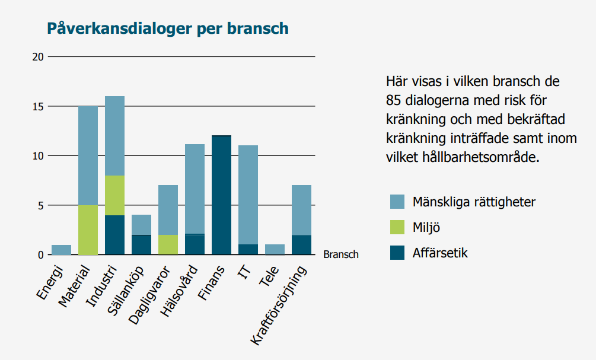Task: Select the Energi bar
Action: coord(61,250)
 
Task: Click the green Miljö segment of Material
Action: coord(88,230)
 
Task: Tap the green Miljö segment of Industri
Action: coord(114,195)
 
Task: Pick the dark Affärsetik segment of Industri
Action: coord(114,235)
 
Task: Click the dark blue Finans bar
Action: coord(221,195)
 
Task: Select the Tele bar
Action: coord(275,249)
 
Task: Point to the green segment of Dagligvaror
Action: coord(168,245)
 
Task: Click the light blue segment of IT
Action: coord(248,195)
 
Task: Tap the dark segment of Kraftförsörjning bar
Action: coord(301,245)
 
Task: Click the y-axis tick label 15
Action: coord(38,106)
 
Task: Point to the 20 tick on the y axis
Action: coord(38,57)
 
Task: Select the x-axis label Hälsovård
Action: coord(180,291)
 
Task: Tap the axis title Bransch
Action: coord(341,254)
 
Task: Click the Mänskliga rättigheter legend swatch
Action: coord(397,202)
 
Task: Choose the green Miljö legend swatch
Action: coord(397,227)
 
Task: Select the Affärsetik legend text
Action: coord(440,253)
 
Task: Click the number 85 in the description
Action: coord(394,100)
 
